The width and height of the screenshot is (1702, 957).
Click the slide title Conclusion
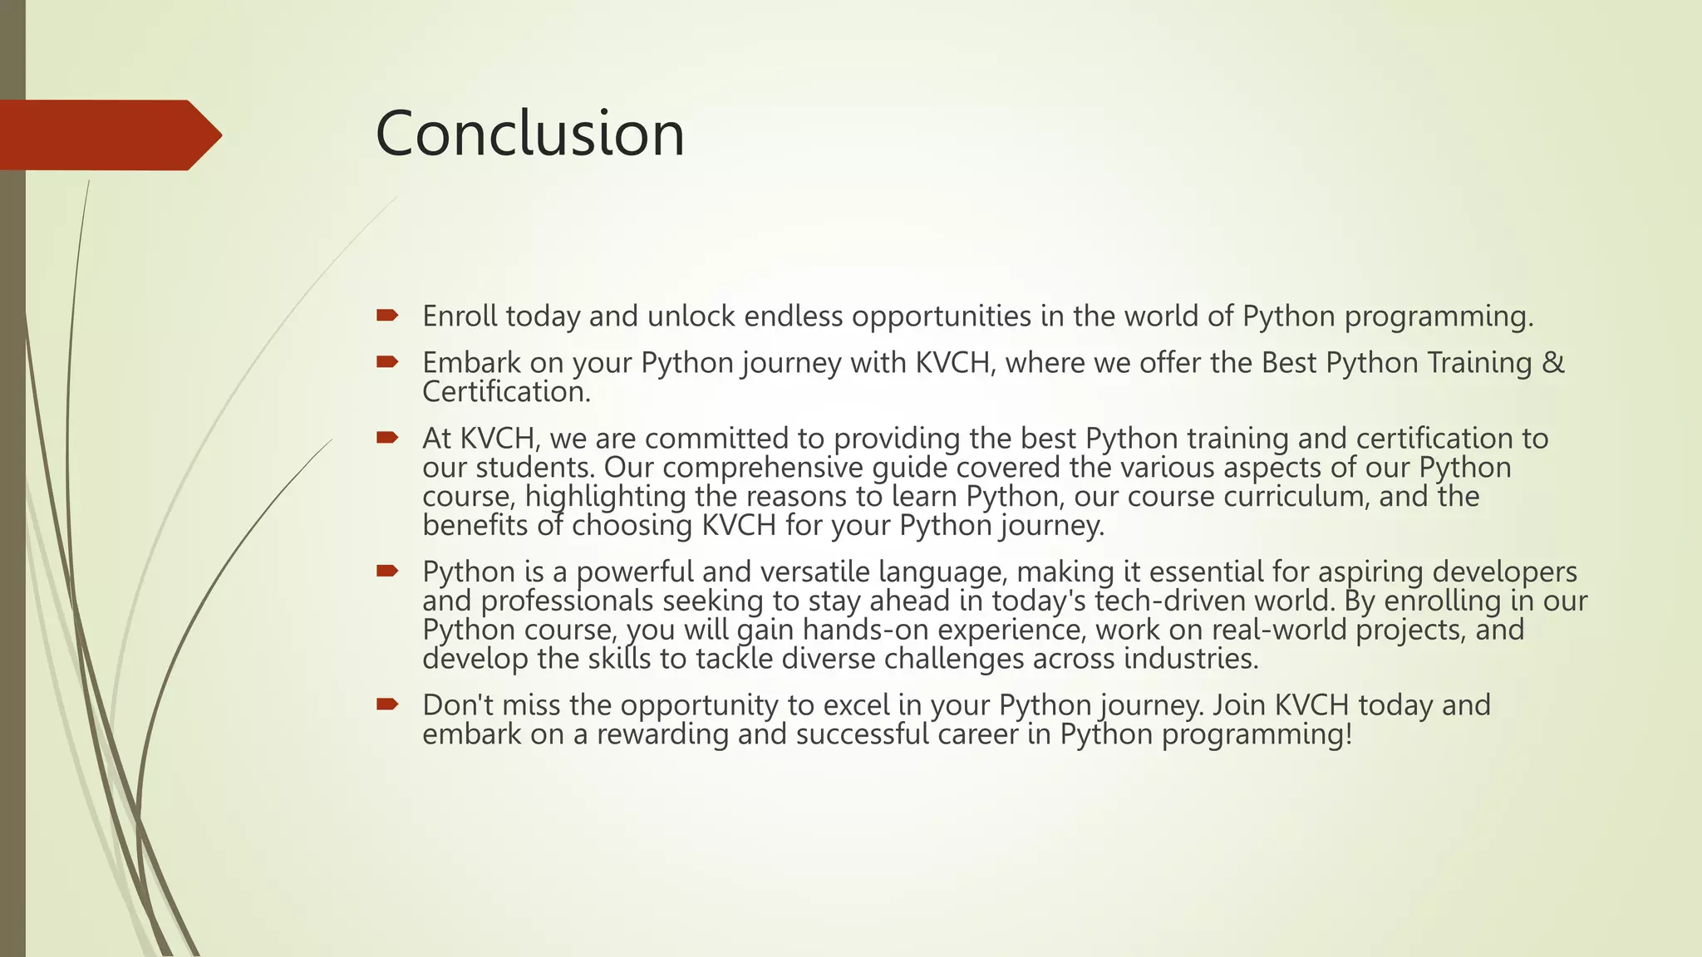pyautogui.click(x=530, y=134)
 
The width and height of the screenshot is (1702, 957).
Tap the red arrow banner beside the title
pyautogui.click(x=108, y=135)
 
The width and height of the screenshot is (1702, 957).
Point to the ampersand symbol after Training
pyautogui.click(x=1552, y=363)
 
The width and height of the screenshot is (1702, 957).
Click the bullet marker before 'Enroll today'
pyautogui.click(x=387, y=316)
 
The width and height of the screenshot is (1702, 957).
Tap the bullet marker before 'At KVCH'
pyautogui.click(x=387, y=438)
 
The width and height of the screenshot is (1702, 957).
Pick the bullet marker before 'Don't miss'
pyautogui.click(x=387, y=704)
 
